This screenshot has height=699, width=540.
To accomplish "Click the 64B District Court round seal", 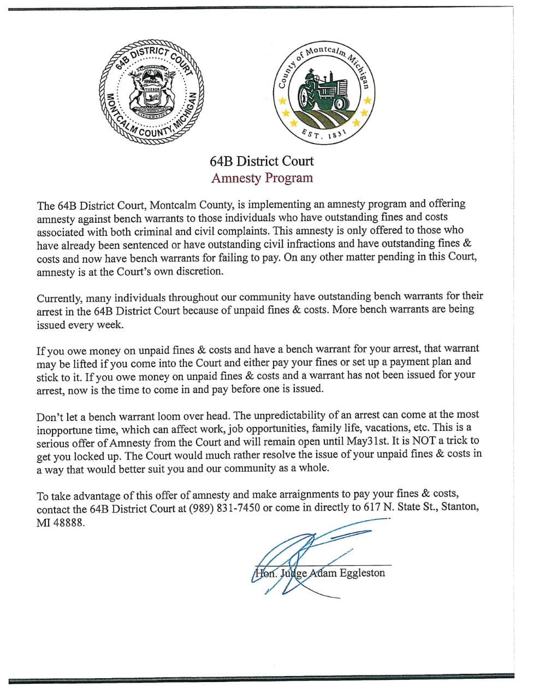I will coord(151,91).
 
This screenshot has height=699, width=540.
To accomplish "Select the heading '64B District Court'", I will coord(262,161).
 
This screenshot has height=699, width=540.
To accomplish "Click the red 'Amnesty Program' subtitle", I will coord(262,178).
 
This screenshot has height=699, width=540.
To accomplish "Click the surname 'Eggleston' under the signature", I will coord(362,573).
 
